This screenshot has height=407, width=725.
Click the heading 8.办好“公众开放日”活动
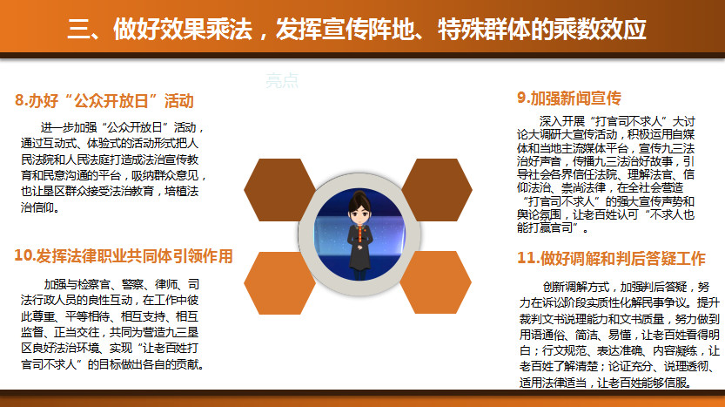(x=104, y=100)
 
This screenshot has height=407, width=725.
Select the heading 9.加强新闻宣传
(x=568, y=98)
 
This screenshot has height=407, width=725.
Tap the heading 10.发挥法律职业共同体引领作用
(x=124, y=255)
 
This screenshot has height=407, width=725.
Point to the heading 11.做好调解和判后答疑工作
(x=611, y=258)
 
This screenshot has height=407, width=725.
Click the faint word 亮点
(x=282, y=80)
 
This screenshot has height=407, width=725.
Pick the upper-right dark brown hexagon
(x=437, y=190)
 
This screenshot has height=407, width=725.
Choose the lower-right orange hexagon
(x=435, y=282)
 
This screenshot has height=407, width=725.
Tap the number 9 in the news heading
(x=521, y=98)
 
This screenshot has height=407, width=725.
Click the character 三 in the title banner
(x=78, y=29)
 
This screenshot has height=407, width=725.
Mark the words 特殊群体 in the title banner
(x=484, y=29)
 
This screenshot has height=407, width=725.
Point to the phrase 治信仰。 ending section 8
(x=41, y=207)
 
